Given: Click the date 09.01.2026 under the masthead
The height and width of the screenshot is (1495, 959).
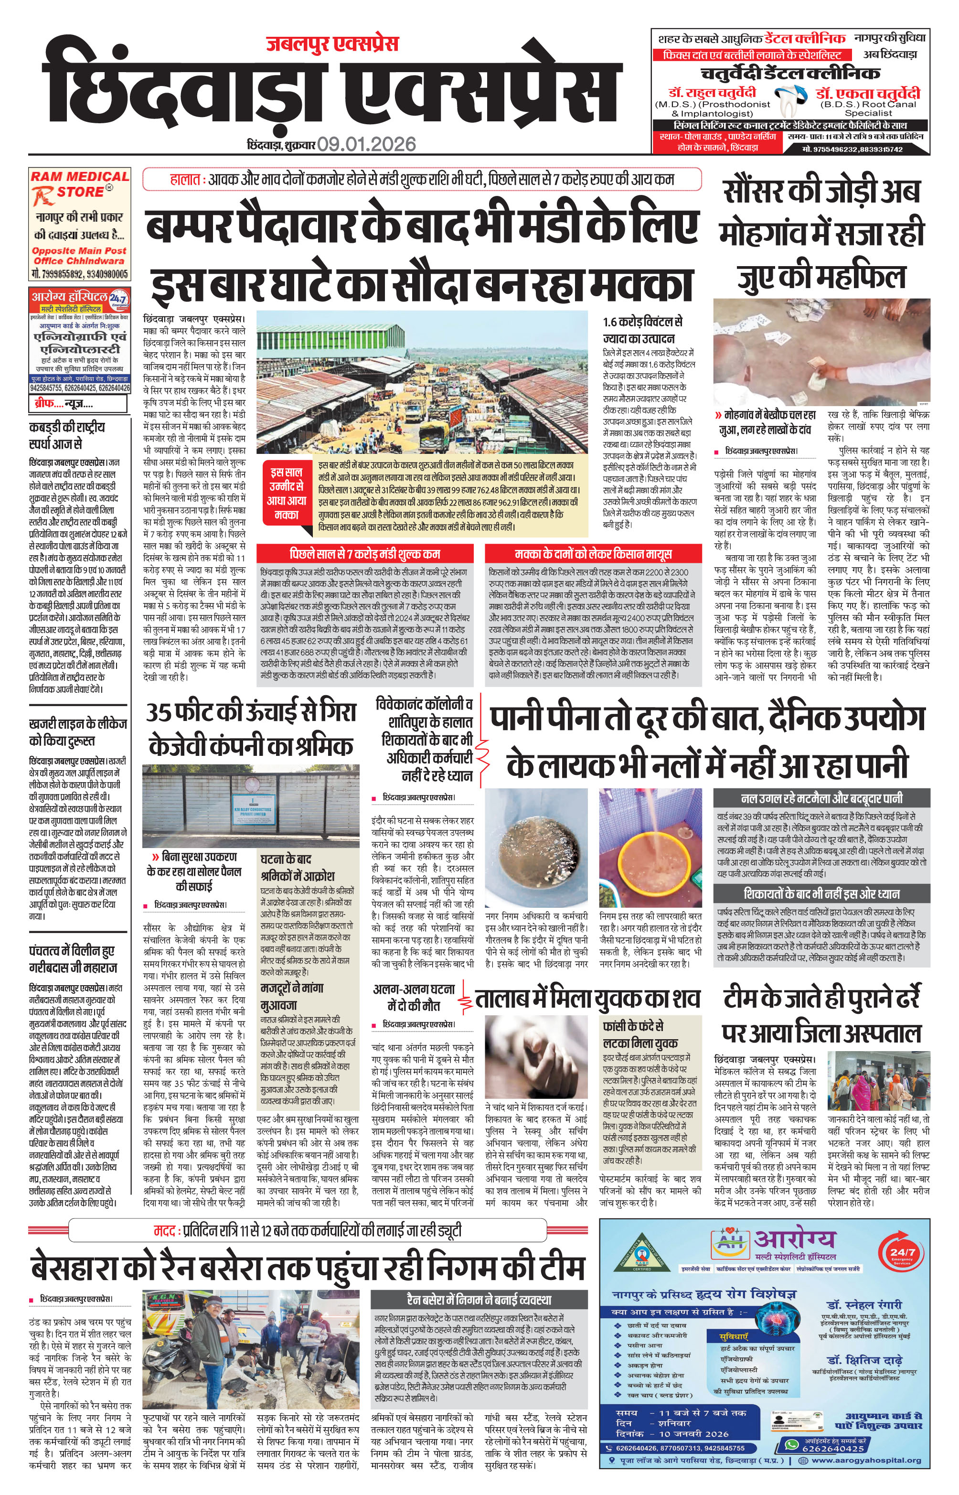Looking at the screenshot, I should [x=366, y=144].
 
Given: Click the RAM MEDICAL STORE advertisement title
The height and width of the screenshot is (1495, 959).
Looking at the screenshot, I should [x=80, y=184].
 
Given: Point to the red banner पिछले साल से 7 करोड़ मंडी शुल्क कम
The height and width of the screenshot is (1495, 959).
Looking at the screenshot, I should [x=365, y=553].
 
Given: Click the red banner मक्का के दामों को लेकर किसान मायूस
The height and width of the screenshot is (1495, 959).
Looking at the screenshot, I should [x=593, y=553].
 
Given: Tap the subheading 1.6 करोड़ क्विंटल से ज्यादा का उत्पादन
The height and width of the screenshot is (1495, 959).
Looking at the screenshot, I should [x=643, y=330].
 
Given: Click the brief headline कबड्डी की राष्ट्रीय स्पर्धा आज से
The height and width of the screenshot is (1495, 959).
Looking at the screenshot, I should [x=67, y=435].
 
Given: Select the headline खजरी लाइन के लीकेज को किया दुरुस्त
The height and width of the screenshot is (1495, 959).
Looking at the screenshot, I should [x=78, y=732].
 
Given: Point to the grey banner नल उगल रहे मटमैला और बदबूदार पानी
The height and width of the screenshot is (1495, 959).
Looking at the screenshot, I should [x=821, y=798].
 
